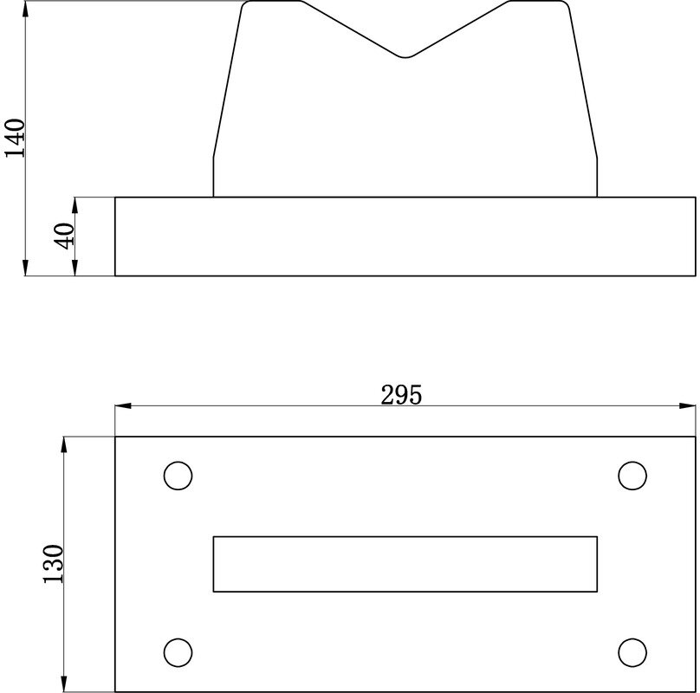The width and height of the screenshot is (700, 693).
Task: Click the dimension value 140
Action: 16,137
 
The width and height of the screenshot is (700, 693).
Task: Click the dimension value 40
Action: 64,236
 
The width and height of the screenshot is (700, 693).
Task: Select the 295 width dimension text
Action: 401,395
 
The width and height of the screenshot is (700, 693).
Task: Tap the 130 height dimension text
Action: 54,564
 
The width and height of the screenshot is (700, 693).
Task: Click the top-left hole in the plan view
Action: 178,476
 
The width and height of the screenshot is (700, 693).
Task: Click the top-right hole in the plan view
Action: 632,476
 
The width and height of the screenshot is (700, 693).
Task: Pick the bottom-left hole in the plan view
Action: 178,652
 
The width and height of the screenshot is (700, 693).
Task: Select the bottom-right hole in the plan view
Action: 632,652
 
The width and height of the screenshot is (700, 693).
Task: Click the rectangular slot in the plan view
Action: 405,564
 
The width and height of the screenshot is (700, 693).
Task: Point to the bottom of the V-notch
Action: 405,57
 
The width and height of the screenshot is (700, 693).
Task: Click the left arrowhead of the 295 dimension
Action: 122,406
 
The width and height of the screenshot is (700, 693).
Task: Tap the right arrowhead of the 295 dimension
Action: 688,406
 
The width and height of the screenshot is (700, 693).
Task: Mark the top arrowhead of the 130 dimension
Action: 64,444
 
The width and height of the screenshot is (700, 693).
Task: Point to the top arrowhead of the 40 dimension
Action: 75,204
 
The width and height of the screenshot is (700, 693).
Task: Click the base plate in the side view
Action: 405,236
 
